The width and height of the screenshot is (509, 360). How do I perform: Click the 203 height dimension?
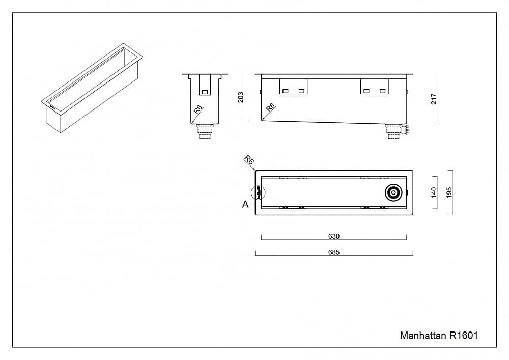coord(241,97)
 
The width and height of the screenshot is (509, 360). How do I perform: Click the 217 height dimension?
coord(434,99)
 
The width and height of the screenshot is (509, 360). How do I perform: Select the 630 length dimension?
coord(333,236)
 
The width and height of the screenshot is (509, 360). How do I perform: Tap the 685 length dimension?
coord(333,252)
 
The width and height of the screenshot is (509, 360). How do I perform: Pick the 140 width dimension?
coord(434,192)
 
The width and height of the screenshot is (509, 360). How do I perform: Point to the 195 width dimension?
coord(449,192)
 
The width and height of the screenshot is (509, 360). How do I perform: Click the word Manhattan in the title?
coord(422,336)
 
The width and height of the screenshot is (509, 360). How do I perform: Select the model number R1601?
coord(463,336)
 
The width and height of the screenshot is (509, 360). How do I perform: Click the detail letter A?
coord(245,204)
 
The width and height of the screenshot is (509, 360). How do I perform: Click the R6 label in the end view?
coord(197,109)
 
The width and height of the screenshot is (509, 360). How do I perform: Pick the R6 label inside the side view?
coord(270,107)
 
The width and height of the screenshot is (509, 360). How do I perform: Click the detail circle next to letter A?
coord(258,193)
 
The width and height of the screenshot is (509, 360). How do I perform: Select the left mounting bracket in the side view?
coord(294,87)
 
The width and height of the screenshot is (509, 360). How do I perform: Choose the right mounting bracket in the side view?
coord(374,87)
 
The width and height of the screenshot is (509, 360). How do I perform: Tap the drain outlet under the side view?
coord(394,131)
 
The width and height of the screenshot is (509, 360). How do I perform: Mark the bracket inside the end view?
coord(205,86)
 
